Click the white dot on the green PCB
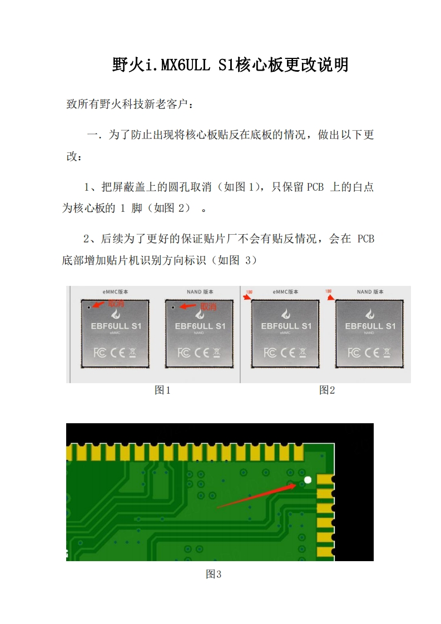[308, 479]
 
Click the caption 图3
[214, 574]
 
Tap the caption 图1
[162, 390]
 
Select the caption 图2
[327, 390]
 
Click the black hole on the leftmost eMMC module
[88, 306]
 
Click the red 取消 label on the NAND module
[208, 306]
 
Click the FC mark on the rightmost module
[354, 353]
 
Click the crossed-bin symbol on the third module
[303, 353]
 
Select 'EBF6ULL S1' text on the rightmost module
[370, 326]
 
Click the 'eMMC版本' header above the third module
[285, 291]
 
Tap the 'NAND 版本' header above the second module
[200, 291]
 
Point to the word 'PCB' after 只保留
[314, 187]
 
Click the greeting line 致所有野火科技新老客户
[131, 104]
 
